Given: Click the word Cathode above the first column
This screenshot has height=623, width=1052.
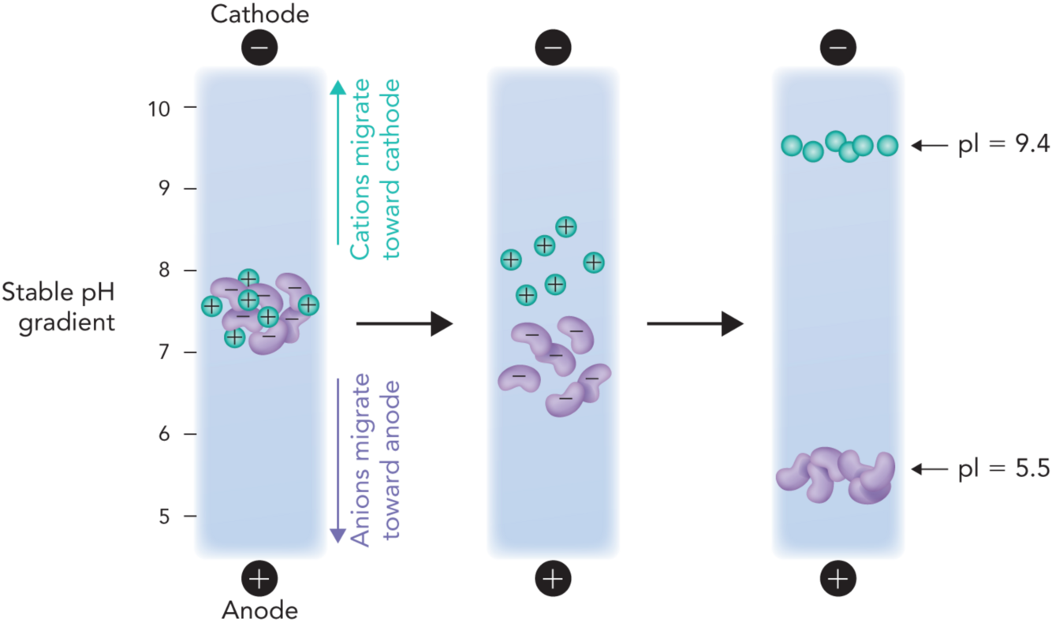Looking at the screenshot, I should point(260,13).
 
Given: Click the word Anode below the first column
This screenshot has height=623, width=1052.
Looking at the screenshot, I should point(259,610).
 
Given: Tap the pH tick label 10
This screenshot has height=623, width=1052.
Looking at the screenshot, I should point(160,107).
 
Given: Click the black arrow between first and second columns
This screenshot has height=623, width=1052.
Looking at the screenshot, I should point(404,323).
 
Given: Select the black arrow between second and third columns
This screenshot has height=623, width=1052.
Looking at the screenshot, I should point(695,323).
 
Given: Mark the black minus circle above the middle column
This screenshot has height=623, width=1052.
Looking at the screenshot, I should point(553,48).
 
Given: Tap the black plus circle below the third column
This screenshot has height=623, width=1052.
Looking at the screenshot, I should point(837,580).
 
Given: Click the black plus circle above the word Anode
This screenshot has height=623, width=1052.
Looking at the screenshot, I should point(260,580).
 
